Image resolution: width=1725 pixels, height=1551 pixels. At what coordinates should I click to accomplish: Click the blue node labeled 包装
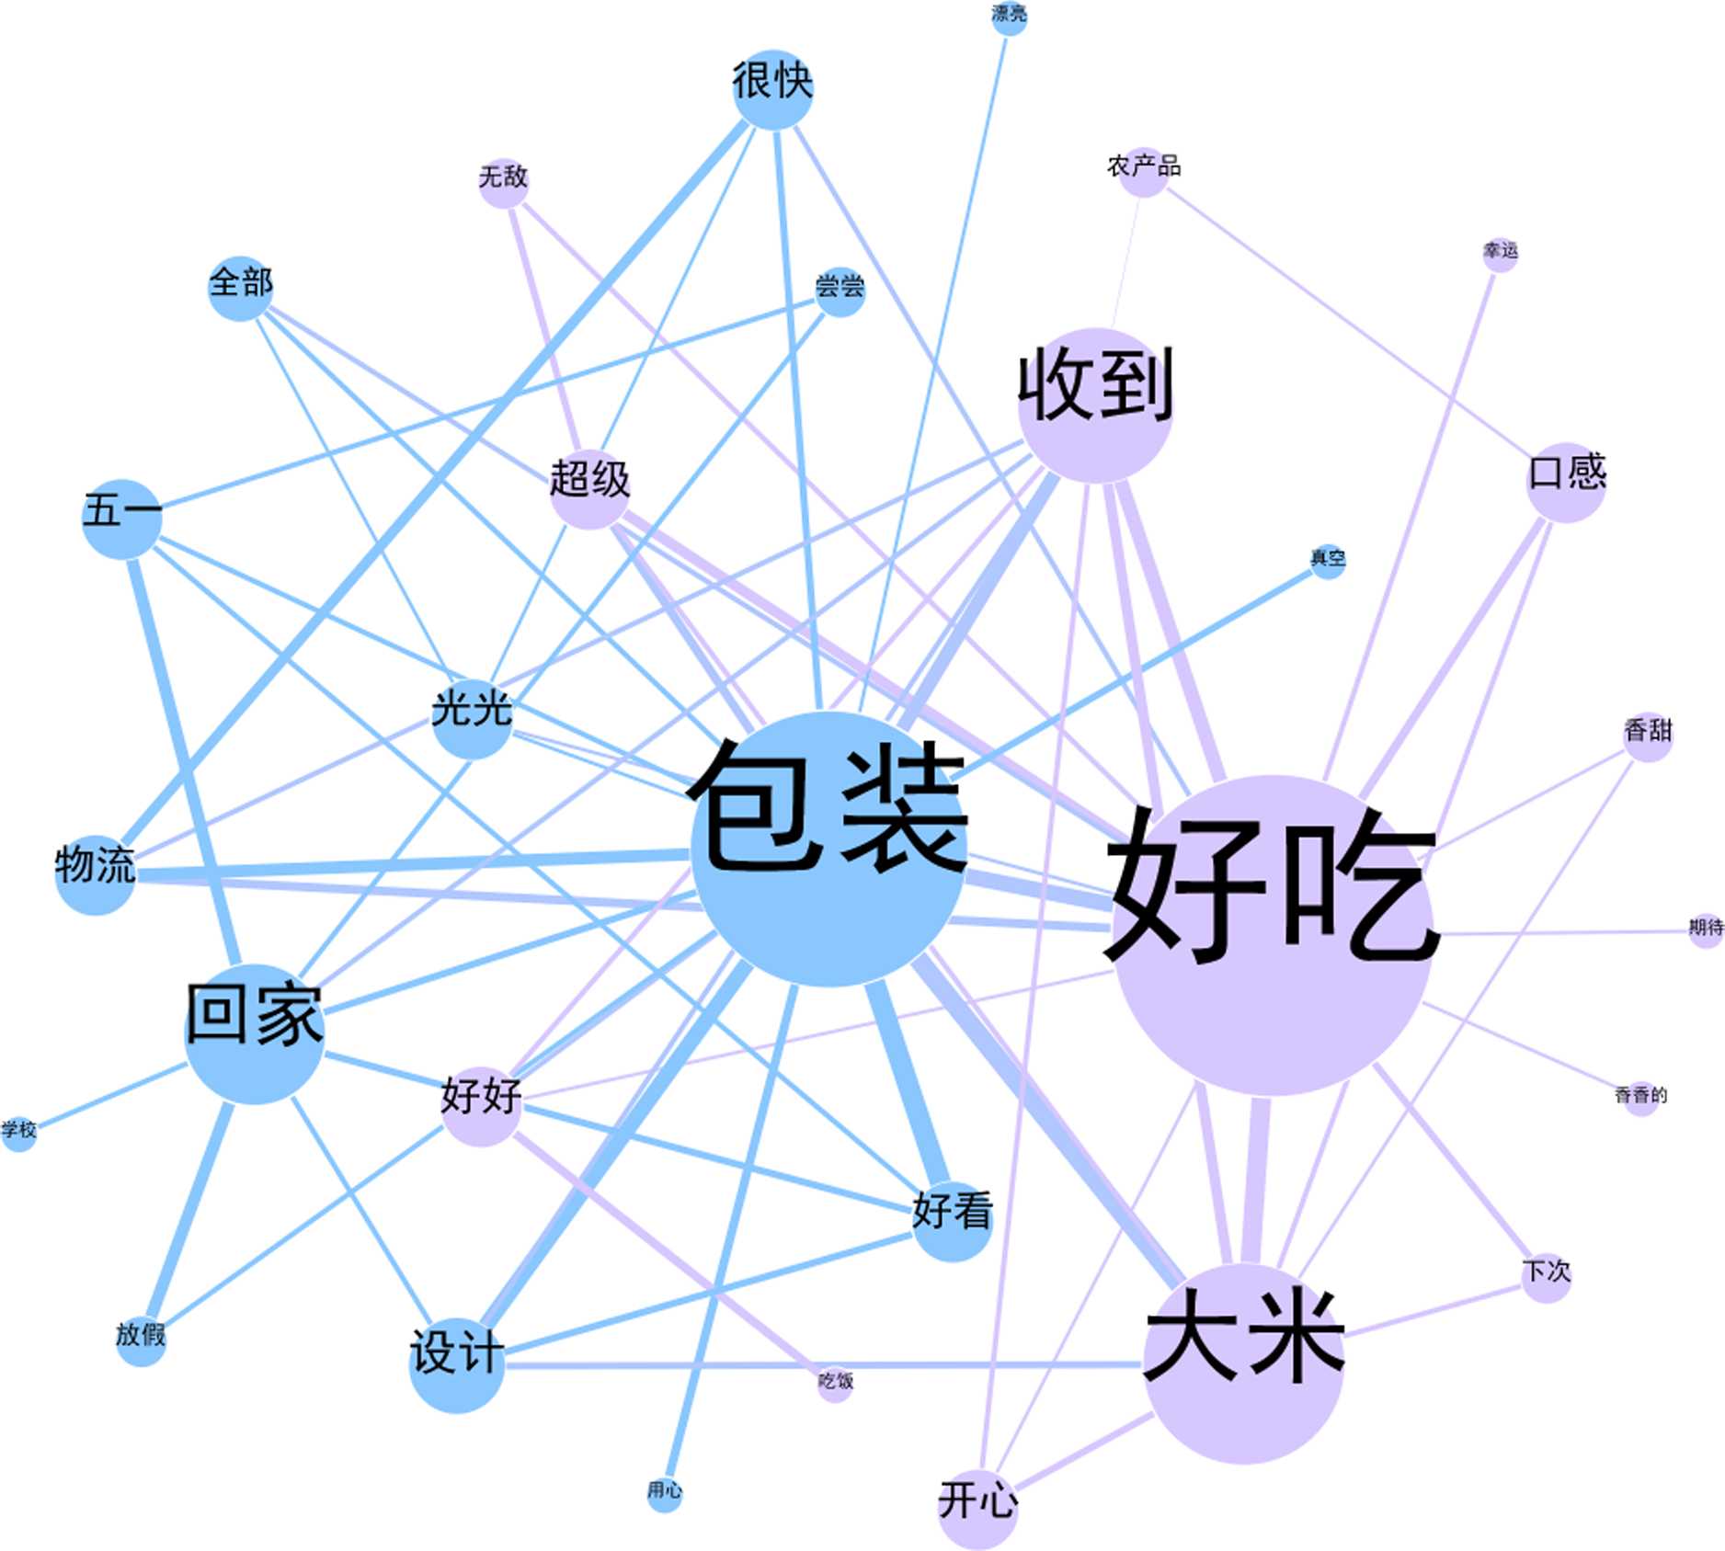pos(828,849)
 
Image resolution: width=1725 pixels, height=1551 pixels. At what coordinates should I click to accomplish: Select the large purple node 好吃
pos(1273,935)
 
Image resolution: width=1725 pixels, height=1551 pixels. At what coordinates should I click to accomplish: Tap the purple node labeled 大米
pos(1244,1363)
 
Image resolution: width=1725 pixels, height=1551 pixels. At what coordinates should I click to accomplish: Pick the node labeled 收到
pos(1094,405)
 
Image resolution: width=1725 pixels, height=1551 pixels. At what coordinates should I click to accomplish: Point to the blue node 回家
pos(255,1033)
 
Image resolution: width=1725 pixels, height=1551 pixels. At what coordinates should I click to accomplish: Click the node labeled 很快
pos(773,90)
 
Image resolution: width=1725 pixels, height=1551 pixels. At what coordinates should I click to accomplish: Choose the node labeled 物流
pos(96,874)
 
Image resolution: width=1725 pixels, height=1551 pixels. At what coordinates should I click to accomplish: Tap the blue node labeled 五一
pos(122,518)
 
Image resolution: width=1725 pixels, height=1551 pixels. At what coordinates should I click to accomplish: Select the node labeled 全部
pos(240,288)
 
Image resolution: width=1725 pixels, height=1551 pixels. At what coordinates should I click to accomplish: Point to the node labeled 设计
pos(456,1364)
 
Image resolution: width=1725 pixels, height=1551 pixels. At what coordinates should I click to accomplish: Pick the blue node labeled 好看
pos(953,1221)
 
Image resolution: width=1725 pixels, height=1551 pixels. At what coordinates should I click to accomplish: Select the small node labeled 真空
pos(1328,561)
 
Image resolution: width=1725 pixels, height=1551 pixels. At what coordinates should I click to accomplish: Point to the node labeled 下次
pos(1546,1278)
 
